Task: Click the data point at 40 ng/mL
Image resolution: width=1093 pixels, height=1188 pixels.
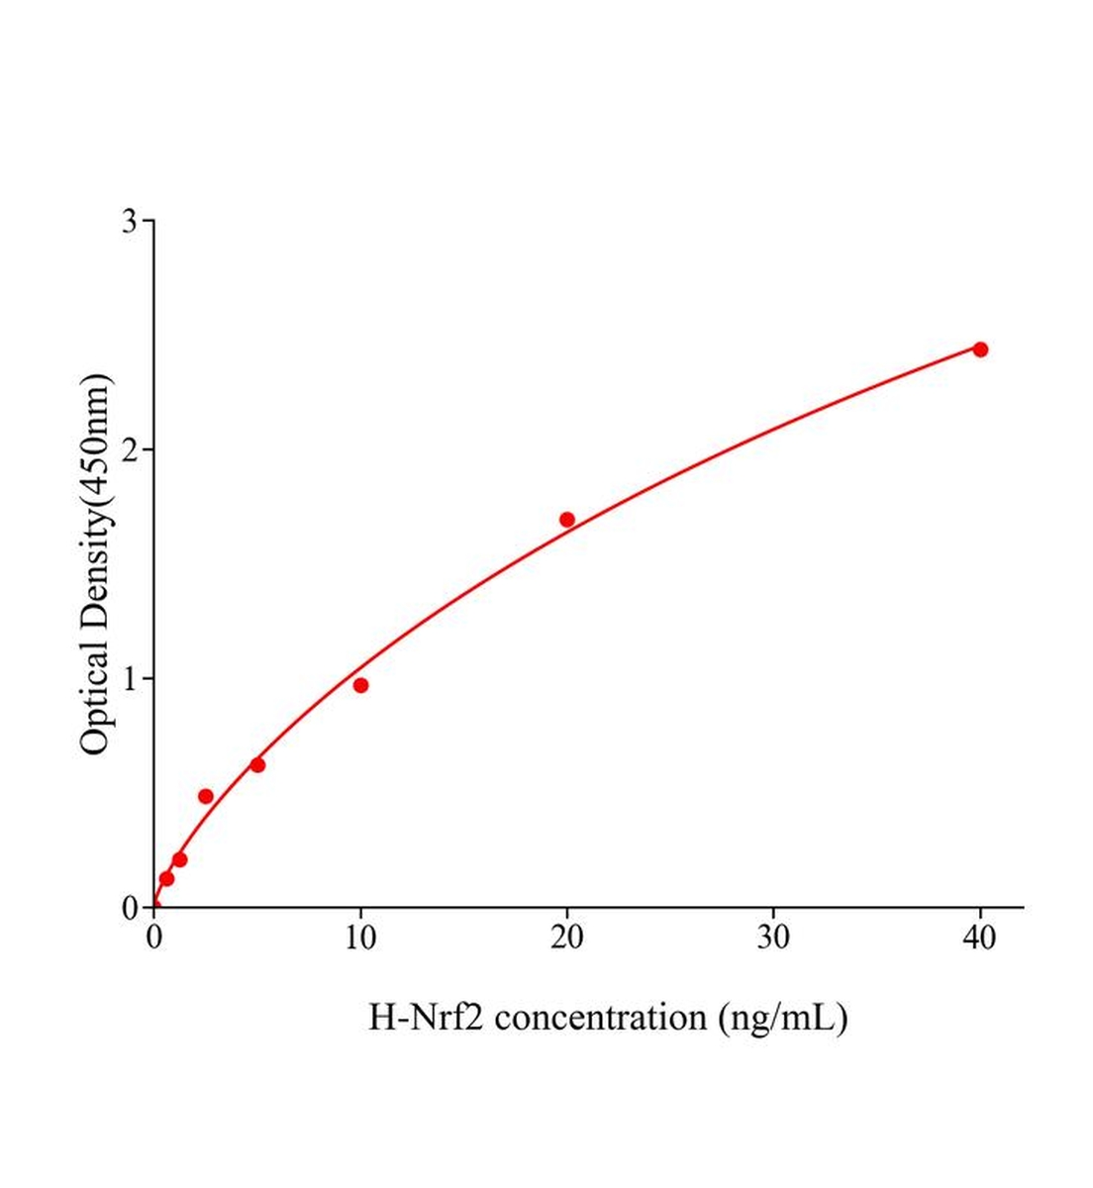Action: pyautogui.click(x=980, y=349)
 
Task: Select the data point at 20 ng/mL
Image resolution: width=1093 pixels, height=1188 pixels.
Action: pyautogui.click(x=567, y=520)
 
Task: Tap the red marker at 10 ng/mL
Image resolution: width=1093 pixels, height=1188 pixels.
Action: pyautogui.click(x=360, y=685)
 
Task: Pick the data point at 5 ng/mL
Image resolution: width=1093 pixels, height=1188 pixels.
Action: pyautogui.click(x=257, y=764)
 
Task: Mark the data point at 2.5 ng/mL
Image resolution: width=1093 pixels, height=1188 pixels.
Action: pyautogui.click(x=206, y=796)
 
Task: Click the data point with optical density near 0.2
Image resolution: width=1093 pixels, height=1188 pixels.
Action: pyautogui.click(x=179, y=859)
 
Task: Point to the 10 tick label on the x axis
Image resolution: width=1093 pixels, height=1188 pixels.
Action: pyautogui.click(x=360, y=938)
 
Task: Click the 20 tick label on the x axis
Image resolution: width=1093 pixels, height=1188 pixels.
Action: pyautogui.click(x=567, y=938)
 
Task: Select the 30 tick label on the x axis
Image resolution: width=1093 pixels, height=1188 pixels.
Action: pyautogui.click(x=773, y=938)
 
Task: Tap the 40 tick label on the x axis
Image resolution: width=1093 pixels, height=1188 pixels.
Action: pyautogui.click(x=980, y=938)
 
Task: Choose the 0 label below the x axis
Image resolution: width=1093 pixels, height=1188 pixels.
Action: pyautogui.click(x=154, y=938)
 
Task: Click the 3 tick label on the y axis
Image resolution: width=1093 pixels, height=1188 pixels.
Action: pyautogui.click(x=130, y=221)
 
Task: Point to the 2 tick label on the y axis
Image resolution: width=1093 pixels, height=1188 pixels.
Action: pyautogui.click(x=130, y=449)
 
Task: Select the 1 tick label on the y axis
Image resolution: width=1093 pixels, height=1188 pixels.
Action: pyautogui.click(x=130, y=679)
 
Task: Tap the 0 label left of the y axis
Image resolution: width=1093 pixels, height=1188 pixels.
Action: pyautogui.click(x=130, y=908)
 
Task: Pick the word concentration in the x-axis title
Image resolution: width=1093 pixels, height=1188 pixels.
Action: pyautogui.click(x=605, y=1017)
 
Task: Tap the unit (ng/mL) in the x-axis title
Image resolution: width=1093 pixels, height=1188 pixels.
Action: pyautogui.click(x=784, y=1017)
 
